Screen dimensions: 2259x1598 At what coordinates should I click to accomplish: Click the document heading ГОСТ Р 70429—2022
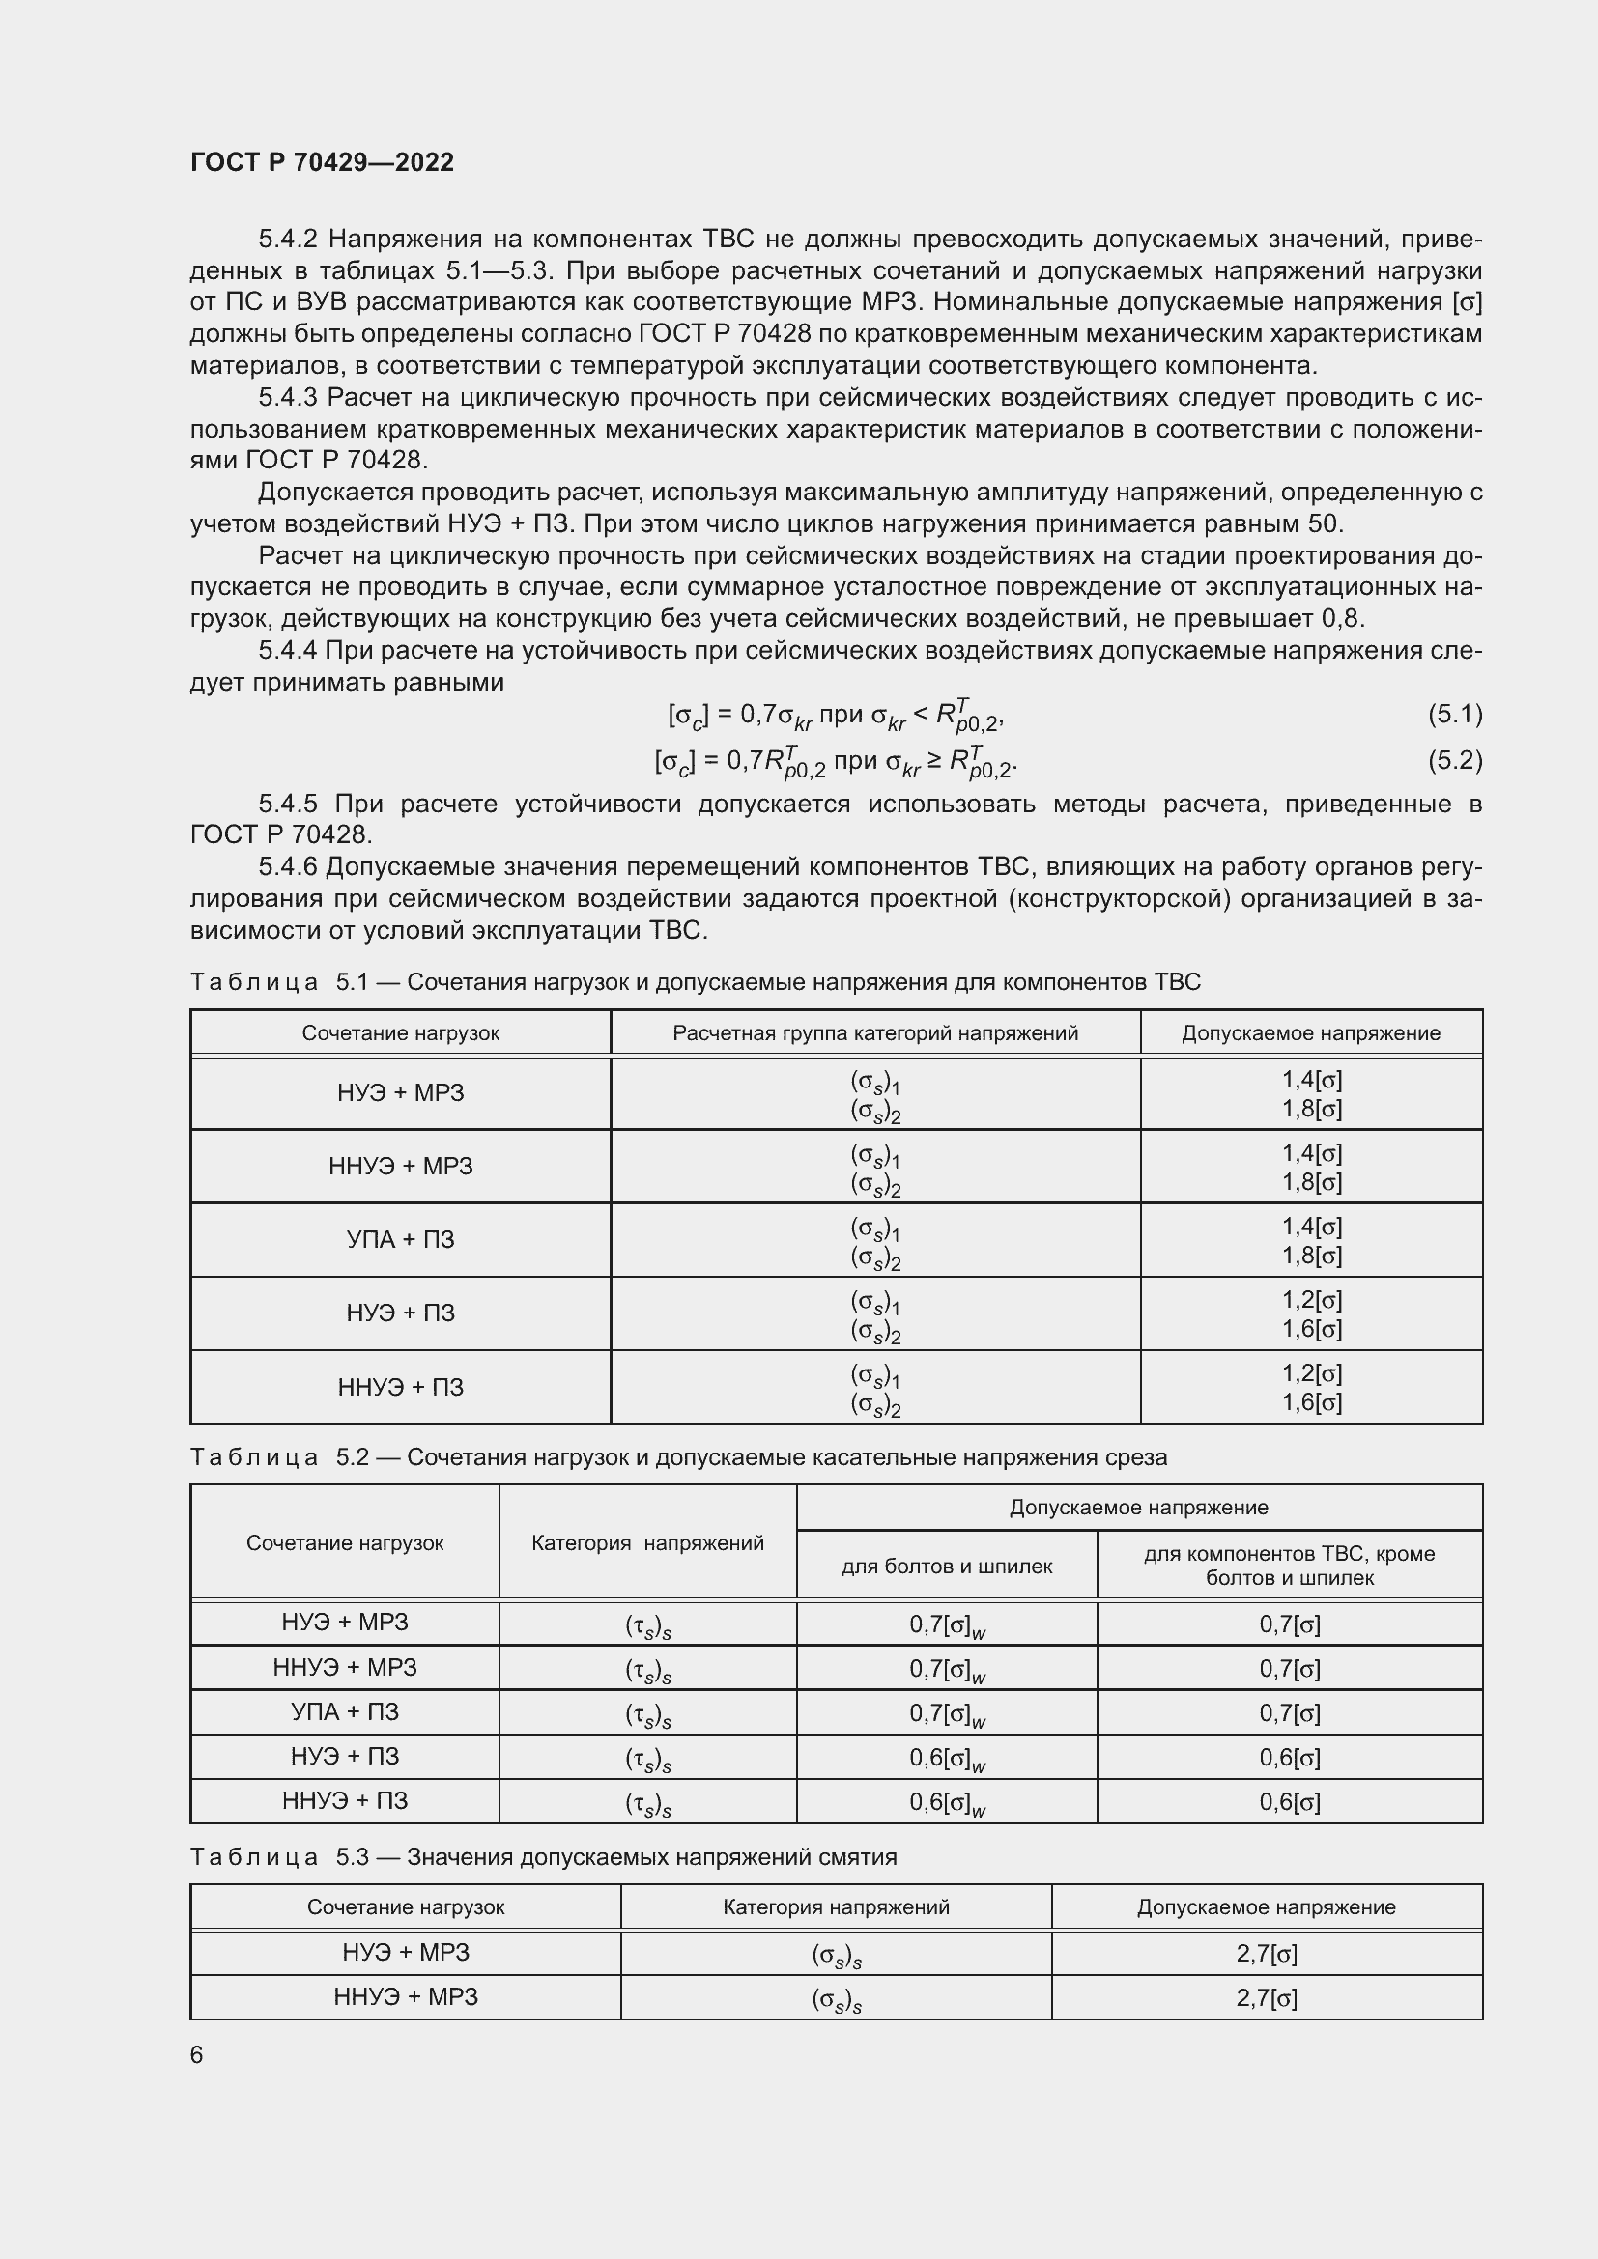322,162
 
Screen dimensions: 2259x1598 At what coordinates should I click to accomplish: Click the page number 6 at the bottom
197,2054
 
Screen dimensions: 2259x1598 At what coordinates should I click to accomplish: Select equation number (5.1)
1454,715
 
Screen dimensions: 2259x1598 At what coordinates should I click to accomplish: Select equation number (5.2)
1454,759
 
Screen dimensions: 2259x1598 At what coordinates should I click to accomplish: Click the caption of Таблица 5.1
695,982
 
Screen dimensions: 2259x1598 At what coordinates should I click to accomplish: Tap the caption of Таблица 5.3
543,1856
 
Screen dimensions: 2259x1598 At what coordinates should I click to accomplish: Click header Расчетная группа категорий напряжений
874,1033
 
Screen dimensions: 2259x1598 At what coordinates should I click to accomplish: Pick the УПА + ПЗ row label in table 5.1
401,1240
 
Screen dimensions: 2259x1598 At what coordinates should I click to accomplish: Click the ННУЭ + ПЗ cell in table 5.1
401,1387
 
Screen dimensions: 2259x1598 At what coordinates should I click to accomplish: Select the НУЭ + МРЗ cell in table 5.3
406,1952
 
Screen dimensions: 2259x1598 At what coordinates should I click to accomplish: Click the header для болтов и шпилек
947,1567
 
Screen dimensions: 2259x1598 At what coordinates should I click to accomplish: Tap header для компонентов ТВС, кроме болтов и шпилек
1289,1566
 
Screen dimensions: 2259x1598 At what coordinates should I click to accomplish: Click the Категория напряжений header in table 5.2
647,1542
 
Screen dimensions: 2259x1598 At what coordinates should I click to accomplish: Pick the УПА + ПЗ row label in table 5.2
345,1712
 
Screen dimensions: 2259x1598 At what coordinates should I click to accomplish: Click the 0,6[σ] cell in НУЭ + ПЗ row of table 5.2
1289,1757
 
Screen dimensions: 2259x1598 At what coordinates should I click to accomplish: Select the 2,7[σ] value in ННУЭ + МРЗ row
1267,1997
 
